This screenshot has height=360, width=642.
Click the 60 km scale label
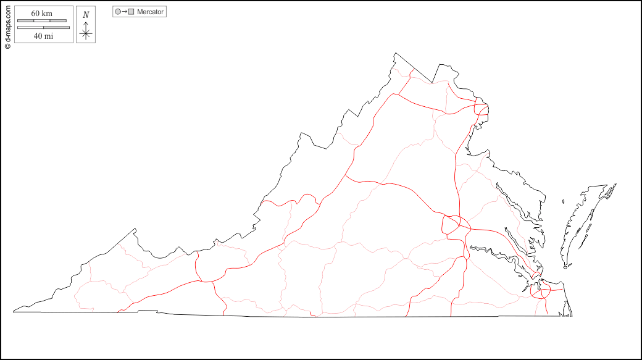(41, 14)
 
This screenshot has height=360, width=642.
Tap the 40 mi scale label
(43, 36)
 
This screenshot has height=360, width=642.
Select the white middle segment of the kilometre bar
(41, 21)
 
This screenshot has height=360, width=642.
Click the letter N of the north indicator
(86, 14)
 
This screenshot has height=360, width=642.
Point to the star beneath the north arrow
(86, 34)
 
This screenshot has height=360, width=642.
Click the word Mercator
(151, 12)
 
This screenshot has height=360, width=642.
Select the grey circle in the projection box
(118, 12)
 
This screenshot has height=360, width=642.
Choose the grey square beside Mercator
(131, 12)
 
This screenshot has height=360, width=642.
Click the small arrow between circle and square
(124, 12)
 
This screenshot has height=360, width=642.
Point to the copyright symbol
(7, 45)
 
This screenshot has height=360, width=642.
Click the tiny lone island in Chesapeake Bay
(564, 200)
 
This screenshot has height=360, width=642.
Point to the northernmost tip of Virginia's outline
(395, 53)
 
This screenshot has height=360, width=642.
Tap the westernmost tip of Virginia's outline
(13, 309)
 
